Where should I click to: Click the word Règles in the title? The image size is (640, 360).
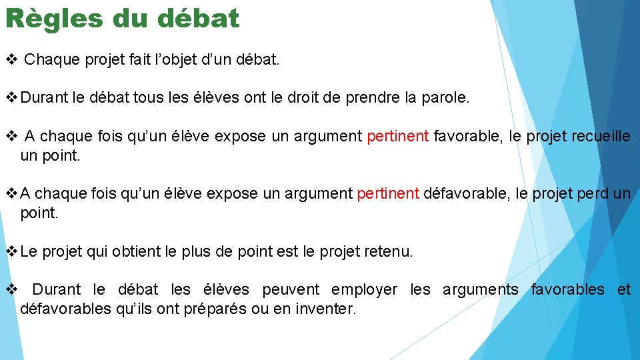point(53,19)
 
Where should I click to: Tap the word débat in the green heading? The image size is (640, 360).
point(198,19)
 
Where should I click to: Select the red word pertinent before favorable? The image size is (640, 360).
point(398,137)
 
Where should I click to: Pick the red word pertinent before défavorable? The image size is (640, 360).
point(388,194)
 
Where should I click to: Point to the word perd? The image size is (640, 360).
point(591,194)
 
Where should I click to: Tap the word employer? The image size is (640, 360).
point(364,289)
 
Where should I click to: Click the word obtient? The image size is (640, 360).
point(137,252)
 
